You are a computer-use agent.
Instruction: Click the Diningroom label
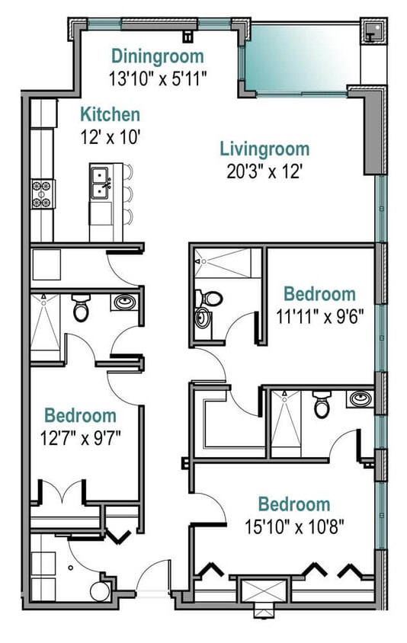click(158, 56)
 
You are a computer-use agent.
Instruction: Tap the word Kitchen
click(111, 115)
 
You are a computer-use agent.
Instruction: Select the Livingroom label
click(264, 149)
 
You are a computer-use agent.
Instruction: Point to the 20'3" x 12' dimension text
click(264, 171)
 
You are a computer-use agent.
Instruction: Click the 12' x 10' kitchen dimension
click(111, 137)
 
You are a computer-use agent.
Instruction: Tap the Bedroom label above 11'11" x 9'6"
click(319, 294)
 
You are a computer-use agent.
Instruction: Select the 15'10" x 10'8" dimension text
click(293, 525)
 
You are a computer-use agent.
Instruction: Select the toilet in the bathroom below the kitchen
click(81, 309)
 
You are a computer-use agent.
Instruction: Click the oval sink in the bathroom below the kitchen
click(124, 303)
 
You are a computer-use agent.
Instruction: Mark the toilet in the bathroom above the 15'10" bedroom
click(322, 405)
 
